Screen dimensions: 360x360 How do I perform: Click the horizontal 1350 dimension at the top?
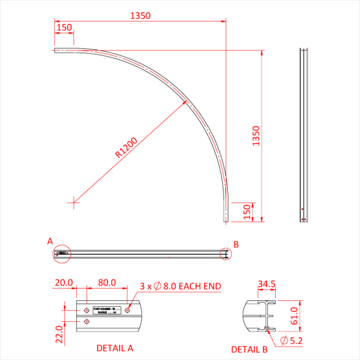140,15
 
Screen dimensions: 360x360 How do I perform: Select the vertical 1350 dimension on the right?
257,136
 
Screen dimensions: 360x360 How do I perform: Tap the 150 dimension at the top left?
64,27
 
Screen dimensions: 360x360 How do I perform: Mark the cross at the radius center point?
74,202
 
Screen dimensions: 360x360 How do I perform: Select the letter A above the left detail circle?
50,241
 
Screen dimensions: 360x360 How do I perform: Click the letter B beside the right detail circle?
236,244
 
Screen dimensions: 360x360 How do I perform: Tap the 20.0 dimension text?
64,283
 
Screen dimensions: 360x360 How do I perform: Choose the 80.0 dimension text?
106,283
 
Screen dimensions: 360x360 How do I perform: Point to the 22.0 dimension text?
59,334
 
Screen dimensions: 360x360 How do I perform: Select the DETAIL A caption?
115,348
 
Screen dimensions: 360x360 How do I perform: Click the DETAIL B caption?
249,349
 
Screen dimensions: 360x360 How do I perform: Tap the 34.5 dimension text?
266,284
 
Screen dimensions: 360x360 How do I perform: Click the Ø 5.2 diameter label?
293,340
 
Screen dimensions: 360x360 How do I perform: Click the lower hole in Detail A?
86,321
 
